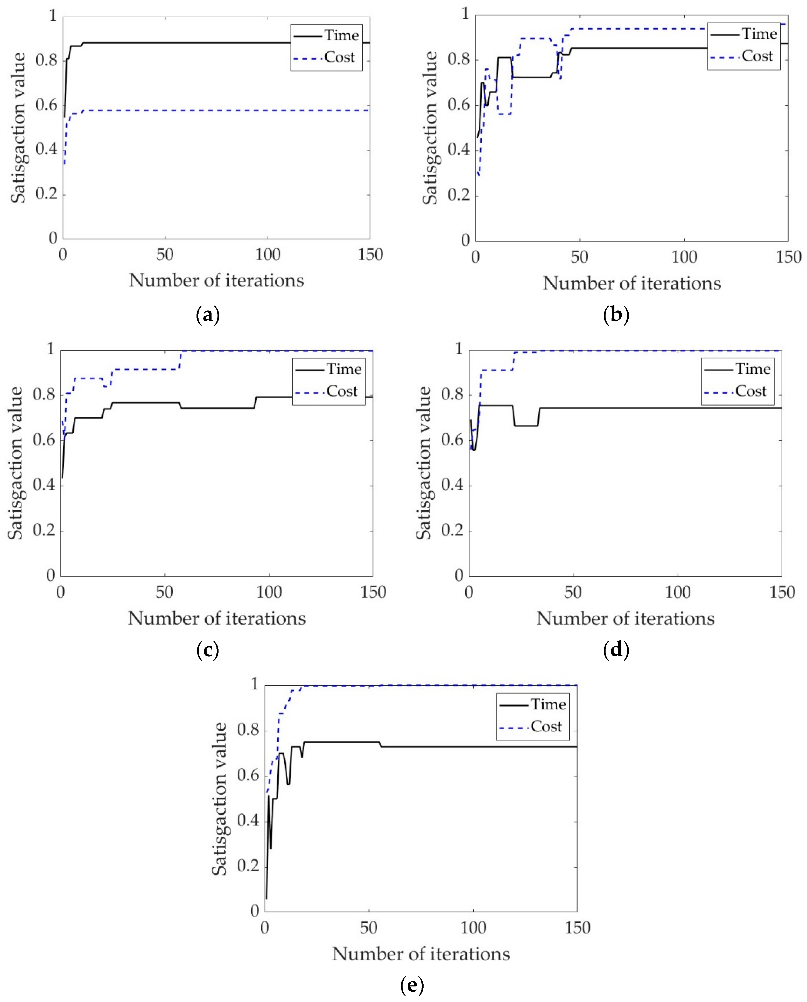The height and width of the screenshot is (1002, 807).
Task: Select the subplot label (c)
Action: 208,650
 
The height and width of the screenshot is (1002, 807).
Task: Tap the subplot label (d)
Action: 616,650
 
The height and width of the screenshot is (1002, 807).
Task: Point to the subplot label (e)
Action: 412,984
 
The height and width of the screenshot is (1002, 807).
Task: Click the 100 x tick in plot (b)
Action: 684,257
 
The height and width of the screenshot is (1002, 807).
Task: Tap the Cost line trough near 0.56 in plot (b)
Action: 504,114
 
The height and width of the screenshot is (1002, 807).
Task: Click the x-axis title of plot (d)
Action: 625,619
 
